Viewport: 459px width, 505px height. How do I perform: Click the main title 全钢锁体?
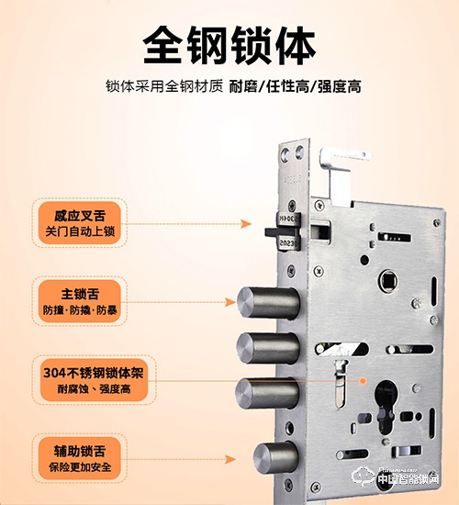click(x=229, y=43)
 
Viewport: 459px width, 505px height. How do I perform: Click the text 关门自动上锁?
click(x=81, y=233)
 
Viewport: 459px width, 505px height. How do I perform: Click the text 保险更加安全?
click(x=81, y=467)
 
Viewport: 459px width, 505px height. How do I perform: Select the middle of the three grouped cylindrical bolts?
click(x=266, y=348)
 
